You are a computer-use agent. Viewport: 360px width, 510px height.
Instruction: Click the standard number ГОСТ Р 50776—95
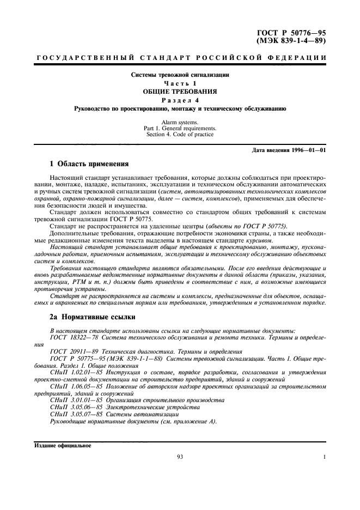[x=295, y=33]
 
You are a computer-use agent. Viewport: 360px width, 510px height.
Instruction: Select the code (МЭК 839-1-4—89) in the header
[x=295, y=41]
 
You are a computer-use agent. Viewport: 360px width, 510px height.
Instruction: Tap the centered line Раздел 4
[x=180, y=100]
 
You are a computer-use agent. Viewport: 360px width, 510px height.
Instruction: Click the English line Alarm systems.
[x=180, y=122]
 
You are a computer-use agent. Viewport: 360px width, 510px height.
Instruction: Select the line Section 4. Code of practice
[x=180, y=135]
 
